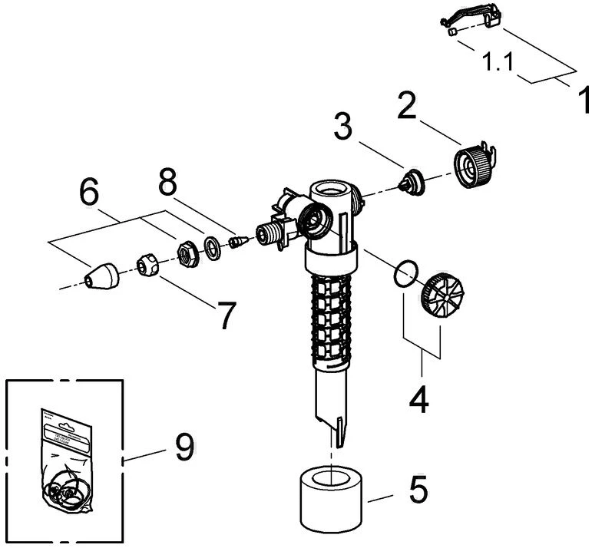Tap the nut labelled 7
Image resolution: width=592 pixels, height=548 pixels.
[148, 266]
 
